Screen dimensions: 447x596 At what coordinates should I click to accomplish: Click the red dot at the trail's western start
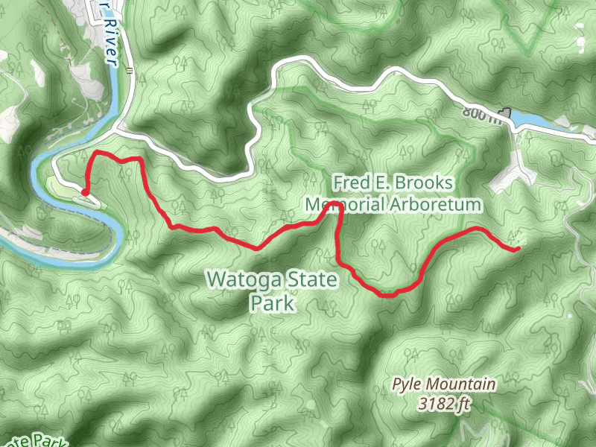point(85,192)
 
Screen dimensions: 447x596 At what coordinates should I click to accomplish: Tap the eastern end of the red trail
point(517,249)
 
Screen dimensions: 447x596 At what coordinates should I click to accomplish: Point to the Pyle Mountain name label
point(445,385)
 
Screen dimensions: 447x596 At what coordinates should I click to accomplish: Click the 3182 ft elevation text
point(445,405)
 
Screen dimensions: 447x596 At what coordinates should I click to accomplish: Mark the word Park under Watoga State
point(273,304)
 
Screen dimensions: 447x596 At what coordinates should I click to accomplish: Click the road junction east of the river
point(119,130)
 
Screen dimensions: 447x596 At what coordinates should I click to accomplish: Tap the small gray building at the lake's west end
point(508,112)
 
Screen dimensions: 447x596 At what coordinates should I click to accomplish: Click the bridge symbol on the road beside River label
point(130,72)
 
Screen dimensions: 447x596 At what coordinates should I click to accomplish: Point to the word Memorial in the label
point(344,203)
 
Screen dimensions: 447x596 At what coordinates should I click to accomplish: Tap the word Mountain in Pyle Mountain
point(463,385)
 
